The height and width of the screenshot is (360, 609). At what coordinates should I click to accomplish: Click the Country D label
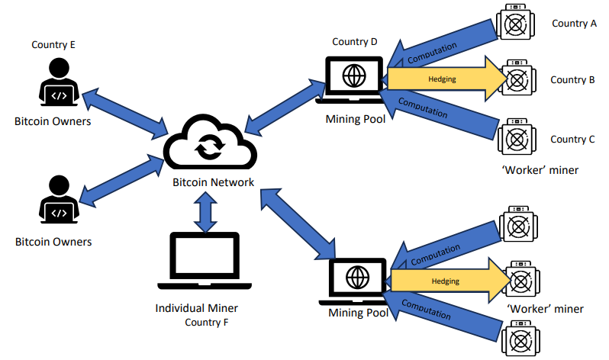pyautogui.click(x=355, y=41)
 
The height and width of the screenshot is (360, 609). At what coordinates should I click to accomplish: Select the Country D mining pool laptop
pyautogui.click(x=352, y=78)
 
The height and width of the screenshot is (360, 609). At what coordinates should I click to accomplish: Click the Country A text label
pyautogui.click(x=574, y=24)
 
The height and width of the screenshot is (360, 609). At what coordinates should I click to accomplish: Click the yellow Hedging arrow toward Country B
pyautogui.click(x=443, y=79)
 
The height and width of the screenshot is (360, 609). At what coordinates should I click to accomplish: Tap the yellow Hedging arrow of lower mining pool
pyautogui.click(x=446, y=281)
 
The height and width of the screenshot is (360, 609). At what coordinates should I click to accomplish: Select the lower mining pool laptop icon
pyautogui.click(x=356, y=281)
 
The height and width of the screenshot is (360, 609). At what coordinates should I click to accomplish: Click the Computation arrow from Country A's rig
pyautogui.click(x=439, y=44)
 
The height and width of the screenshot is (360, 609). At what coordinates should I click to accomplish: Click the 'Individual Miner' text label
pyautogui.click(x=197, y=308)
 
